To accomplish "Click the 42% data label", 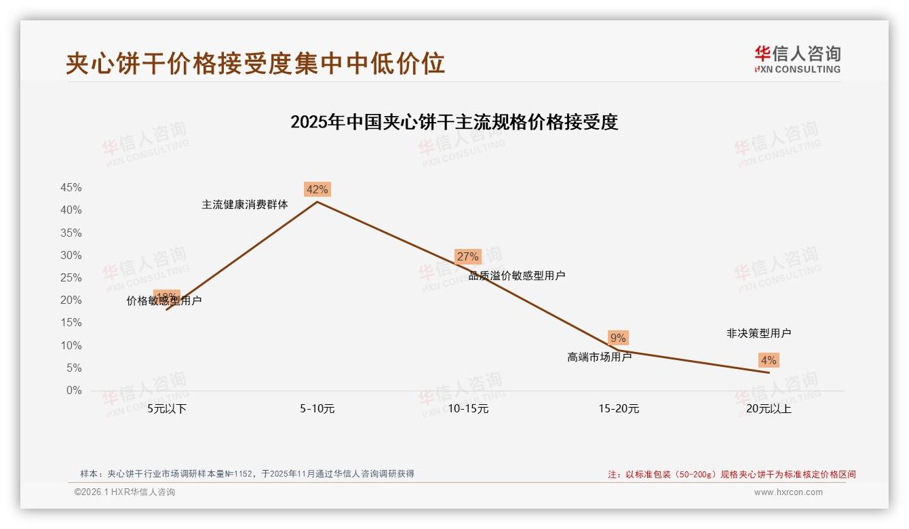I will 317,190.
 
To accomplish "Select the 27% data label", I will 467,256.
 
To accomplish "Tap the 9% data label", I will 618,338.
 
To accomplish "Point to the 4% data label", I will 769,360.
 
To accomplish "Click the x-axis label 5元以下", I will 167,409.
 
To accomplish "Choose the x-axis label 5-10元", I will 317,409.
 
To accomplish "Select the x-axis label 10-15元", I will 468,409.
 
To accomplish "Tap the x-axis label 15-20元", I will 619,409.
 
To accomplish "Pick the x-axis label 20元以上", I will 769,409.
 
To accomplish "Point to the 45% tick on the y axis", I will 71,188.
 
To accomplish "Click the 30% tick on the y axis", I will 71,256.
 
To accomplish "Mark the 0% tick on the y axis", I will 73,391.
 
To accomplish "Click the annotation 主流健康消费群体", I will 245,204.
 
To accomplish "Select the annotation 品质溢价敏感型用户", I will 517,275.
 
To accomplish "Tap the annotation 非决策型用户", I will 758,333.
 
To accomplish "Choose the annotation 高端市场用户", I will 600,357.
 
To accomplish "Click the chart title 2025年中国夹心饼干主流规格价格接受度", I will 454,122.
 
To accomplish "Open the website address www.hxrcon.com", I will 788,492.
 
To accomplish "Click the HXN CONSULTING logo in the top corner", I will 797,60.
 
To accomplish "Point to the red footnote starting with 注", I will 731,475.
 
